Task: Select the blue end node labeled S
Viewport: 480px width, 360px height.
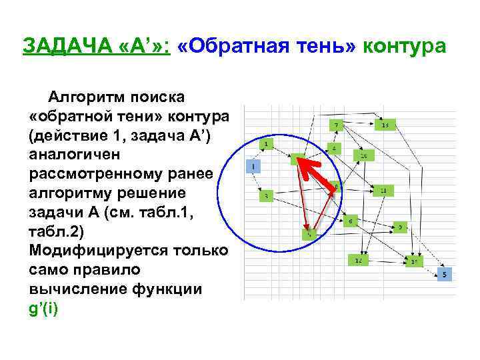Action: (x=445, y=274)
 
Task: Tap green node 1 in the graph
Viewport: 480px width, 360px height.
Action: (x=267, y=145)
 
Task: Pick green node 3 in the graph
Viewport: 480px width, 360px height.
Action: (x=267, y=196)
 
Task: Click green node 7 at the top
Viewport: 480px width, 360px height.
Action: (x=337, y=125)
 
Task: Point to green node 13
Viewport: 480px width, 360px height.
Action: (x=385, y=125)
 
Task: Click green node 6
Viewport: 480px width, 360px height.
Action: (x=350, y=221)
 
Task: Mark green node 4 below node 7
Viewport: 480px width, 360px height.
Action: (x=335, y=148)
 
